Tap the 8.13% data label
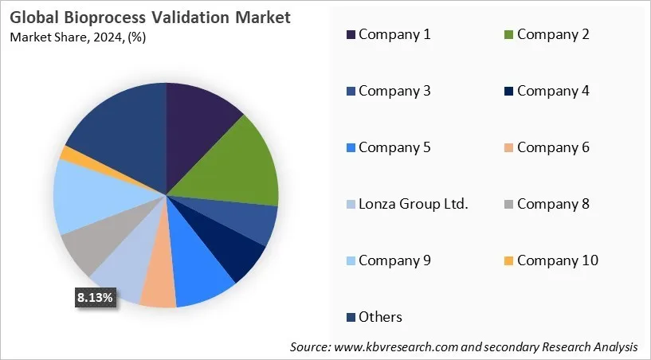(95, 297)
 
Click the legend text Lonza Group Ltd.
(413, 204)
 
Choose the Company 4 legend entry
(553, 91)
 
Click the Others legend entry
(380, 317)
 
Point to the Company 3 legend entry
(394, 91)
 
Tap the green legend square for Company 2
(509, 34)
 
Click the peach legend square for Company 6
(509, 147)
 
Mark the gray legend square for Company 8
(509, 204)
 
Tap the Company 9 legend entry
(394, 260)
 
